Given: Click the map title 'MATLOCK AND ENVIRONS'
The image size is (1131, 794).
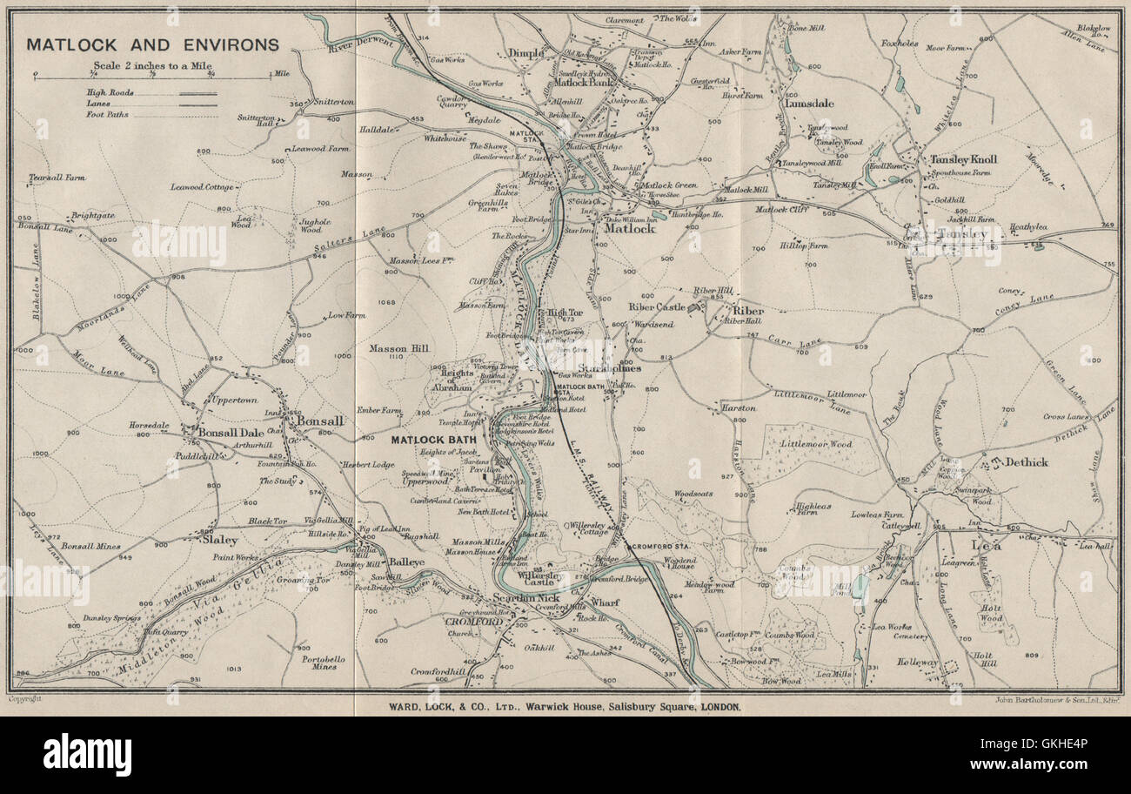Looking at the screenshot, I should (x=152, y=44).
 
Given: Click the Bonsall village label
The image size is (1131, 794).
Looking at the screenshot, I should (x=321, y=420).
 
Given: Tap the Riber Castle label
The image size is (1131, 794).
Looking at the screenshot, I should (x=657, y=306).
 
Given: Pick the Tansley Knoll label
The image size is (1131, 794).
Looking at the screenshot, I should (x=963, y=159).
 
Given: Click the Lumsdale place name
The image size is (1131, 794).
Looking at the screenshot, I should (x=809, y=103).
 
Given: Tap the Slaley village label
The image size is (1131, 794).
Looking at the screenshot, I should (x=218, y=540).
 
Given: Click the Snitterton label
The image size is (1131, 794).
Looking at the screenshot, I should (x=333, y=101).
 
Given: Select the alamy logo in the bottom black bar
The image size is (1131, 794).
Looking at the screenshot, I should (x=87, y=753).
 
